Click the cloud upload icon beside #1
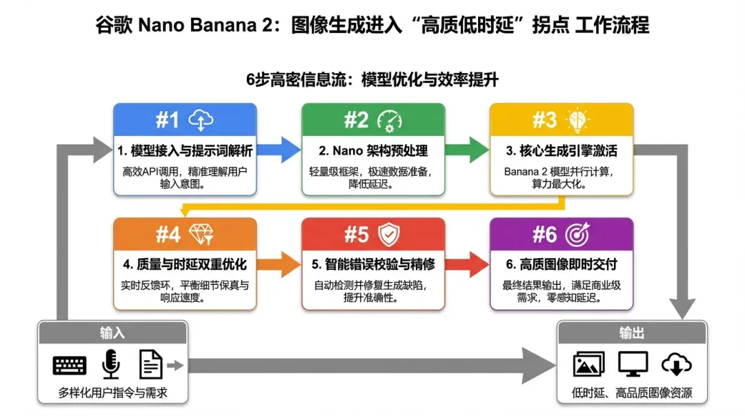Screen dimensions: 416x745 click(201, 120)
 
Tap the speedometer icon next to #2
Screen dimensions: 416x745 click(390, 120)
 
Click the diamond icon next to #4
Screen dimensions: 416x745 click(201, 235)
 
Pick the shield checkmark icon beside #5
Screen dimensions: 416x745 click(390, 235)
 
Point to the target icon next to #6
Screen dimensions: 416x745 click(577, 235)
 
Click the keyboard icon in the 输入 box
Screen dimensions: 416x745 click(70, 365)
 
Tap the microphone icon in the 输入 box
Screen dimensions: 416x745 click(110, 364)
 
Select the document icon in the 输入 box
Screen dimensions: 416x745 click(150, 364)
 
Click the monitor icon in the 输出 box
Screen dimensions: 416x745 click(631, 364)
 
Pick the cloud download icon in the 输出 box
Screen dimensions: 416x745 click(675, 364)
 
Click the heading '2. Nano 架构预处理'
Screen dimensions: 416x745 click(373, 150)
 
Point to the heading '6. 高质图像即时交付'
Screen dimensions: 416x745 click(561, 264)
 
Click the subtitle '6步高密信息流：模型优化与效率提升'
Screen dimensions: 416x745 click(372, 79)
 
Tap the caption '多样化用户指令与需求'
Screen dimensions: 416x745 click(112, 394)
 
